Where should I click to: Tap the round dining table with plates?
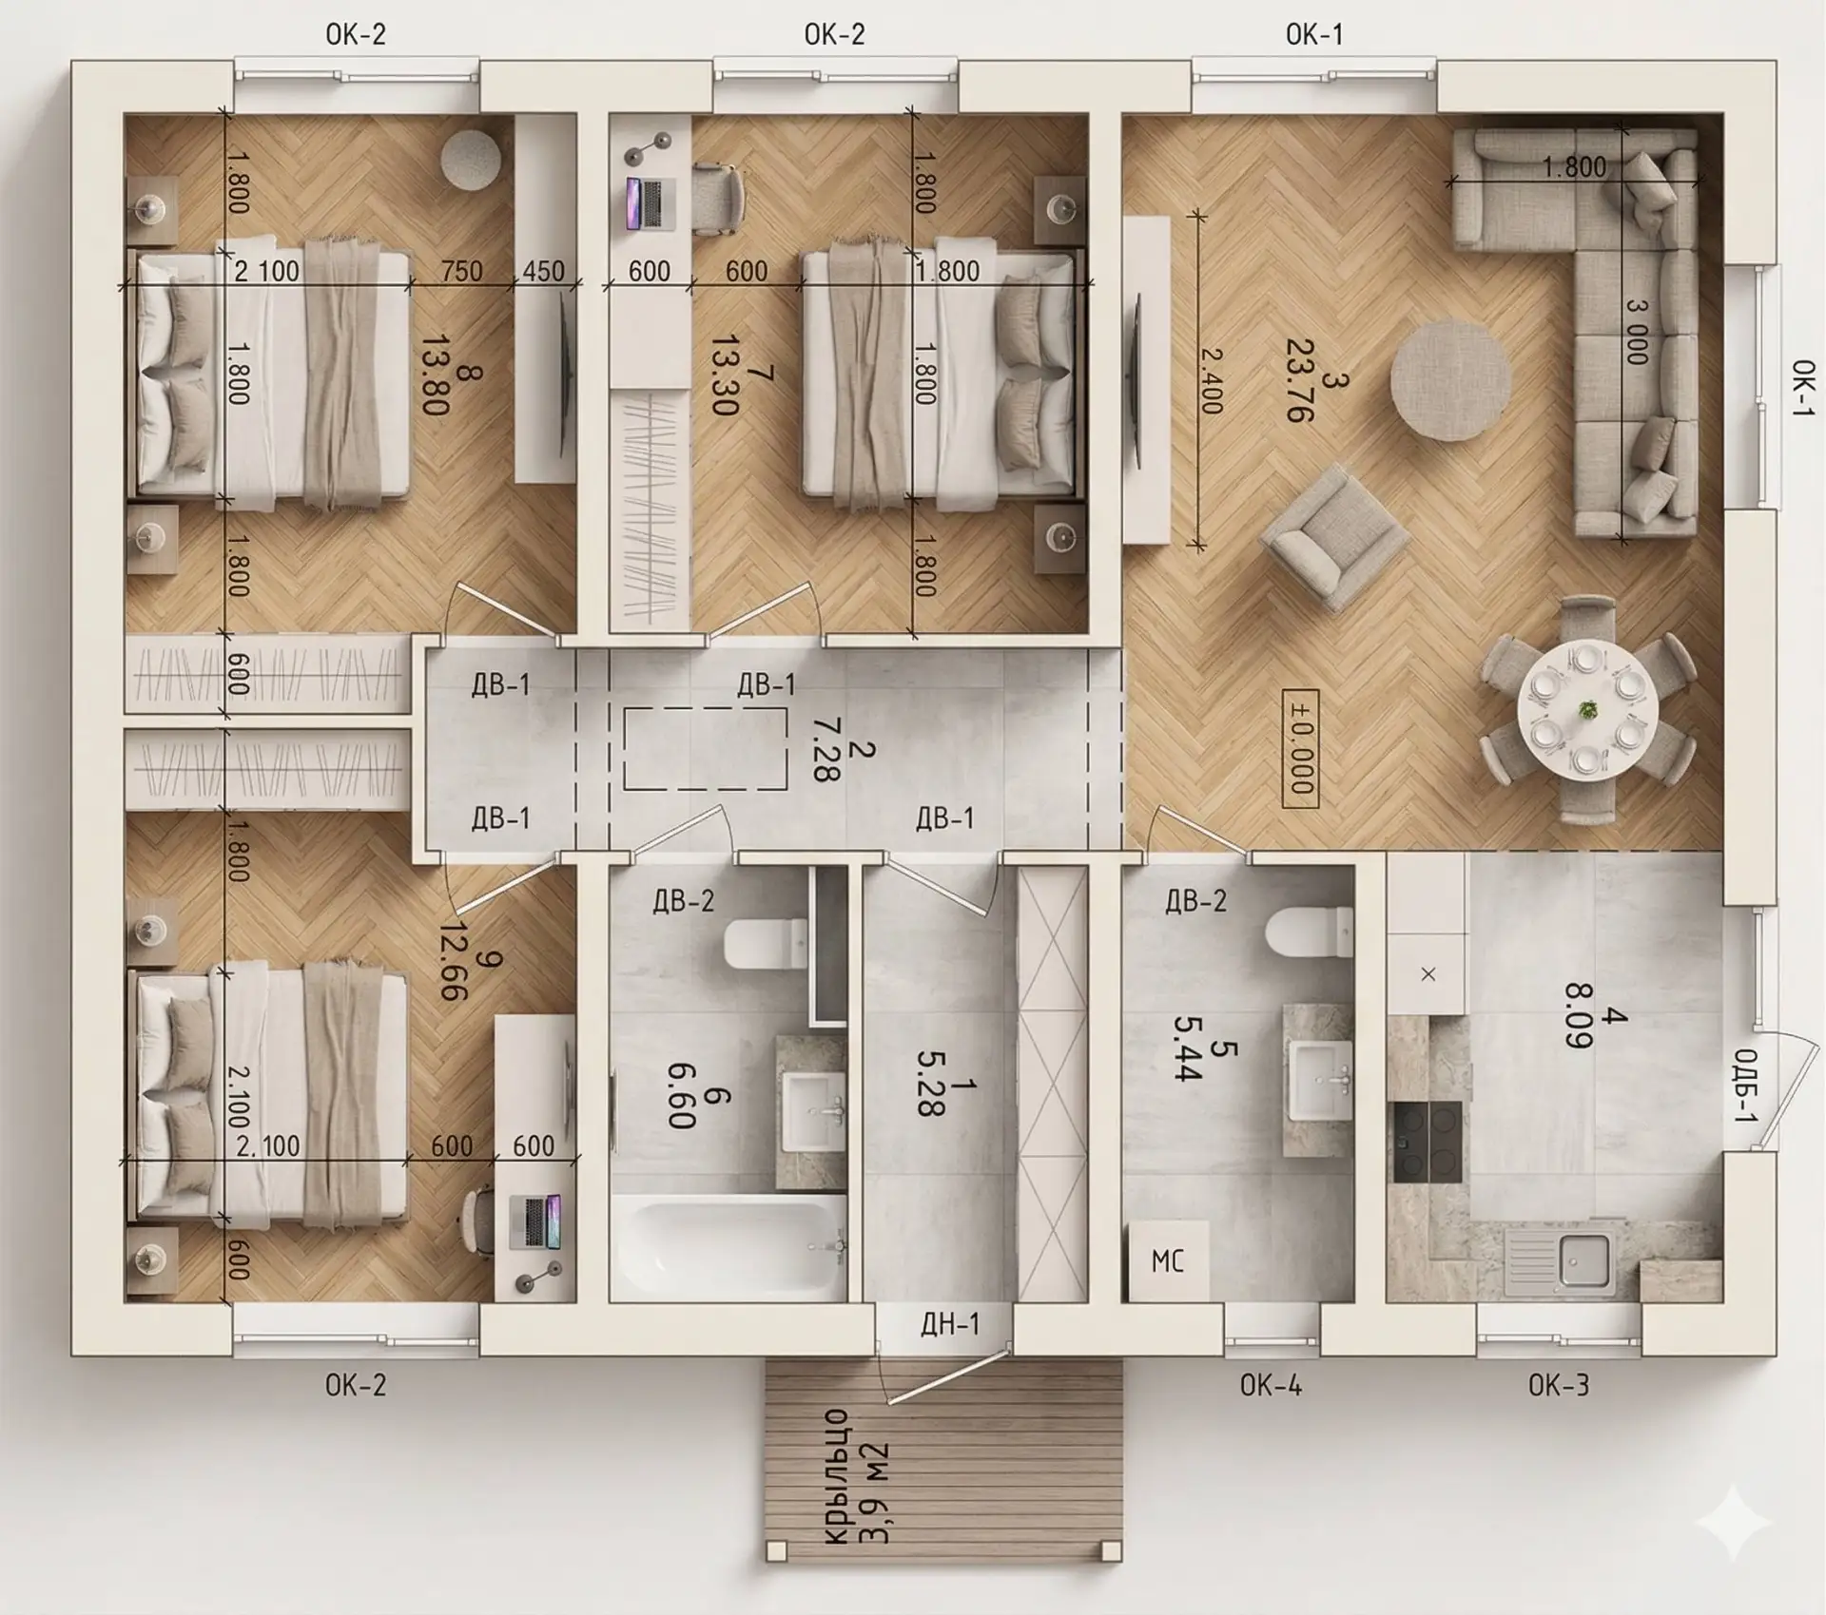[1588, 710]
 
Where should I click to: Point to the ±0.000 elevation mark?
[1299, 748]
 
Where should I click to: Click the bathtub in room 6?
[728, 1247]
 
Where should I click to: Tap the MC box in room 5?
[1168, 1261]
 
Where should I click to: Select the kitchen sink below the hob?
[1562, 1263]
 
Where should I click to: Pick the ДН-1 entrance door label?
[950, 1323]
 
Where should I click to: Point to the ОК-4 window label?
[1271, 1385]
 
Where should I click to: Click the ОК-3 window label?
[1559, 1385]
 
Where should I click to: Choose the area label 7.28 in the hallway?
[826, 749]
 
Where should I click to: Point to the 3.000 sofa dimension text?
[1636, 332]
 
